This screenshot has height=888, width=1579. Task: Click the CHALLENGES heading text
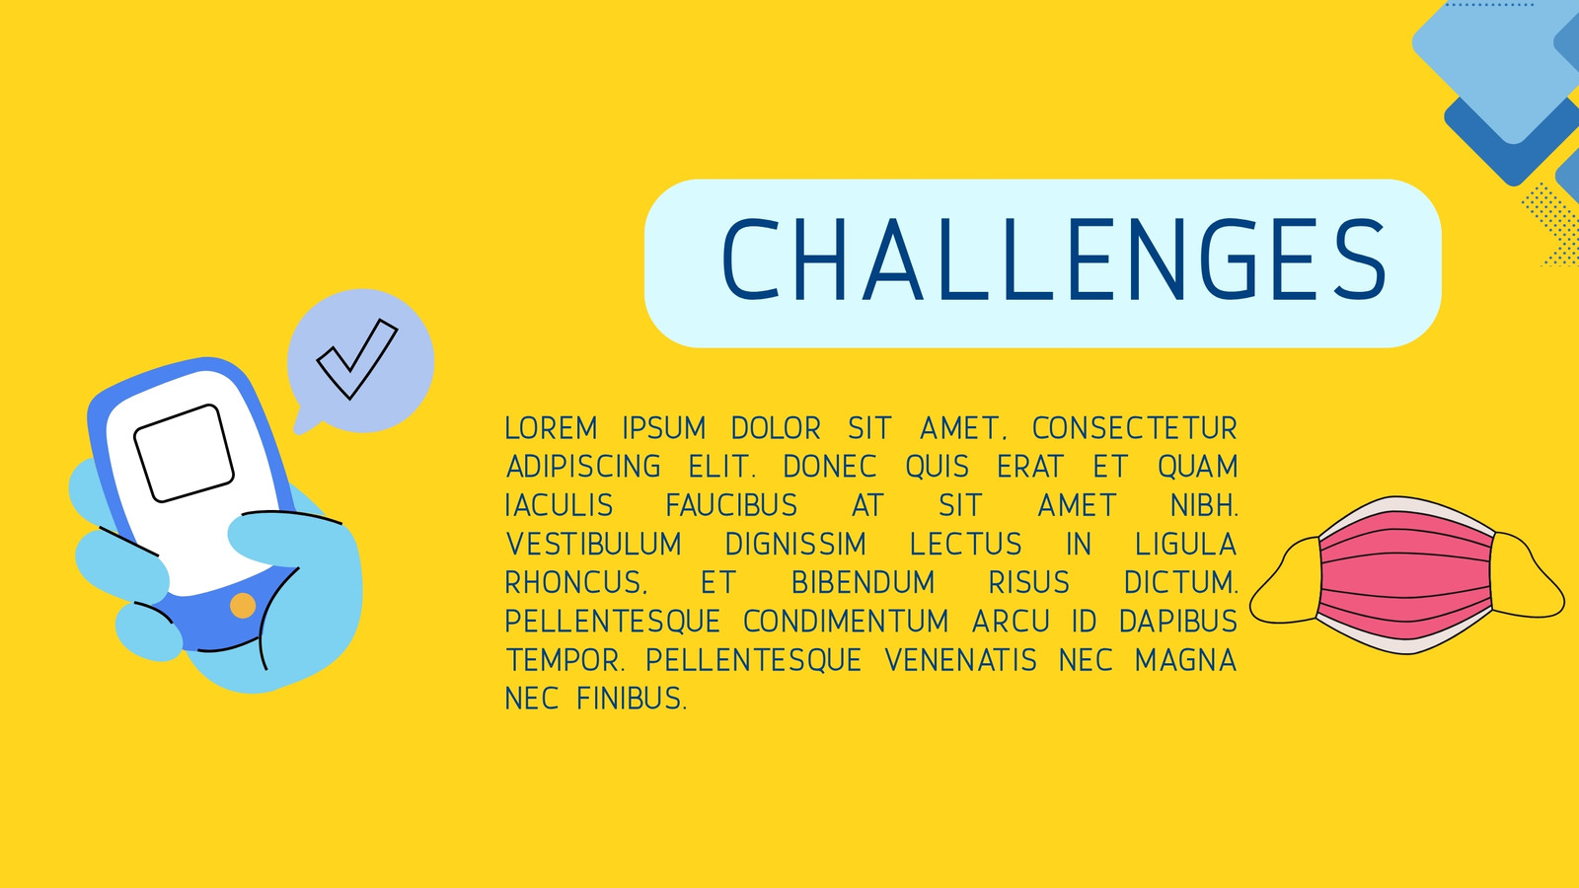1055,259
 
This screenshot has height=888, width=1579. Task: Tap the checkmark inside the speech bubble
357,359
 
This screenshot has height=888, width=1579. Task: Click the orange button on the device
243,606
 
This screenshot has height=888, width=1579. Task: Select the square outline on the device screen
184,453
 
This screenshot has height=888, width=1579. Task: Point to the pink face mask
1405,575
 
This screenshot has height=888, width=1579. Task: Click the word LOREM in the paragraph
552,428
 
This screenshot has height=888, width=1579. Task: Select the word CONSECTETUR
1135,428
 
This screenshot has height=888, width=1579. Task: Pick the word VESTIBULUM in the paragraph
594,544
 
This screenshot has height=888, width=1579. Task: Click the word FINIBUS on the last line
631,699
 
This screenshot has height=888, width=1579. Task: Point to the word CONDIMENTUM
846,622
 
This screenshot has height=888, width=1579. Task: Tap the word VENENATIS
961,660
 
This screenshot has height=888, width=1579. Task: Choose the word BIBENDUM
864,583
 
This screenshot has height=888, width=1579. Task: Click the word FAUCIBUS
731,505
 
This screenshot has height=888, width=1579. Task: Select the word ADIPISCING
583,467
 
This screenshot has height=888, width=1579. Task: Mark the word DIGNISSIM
795,544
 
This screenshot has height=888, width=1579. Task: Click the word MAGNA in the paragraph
1185,660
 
